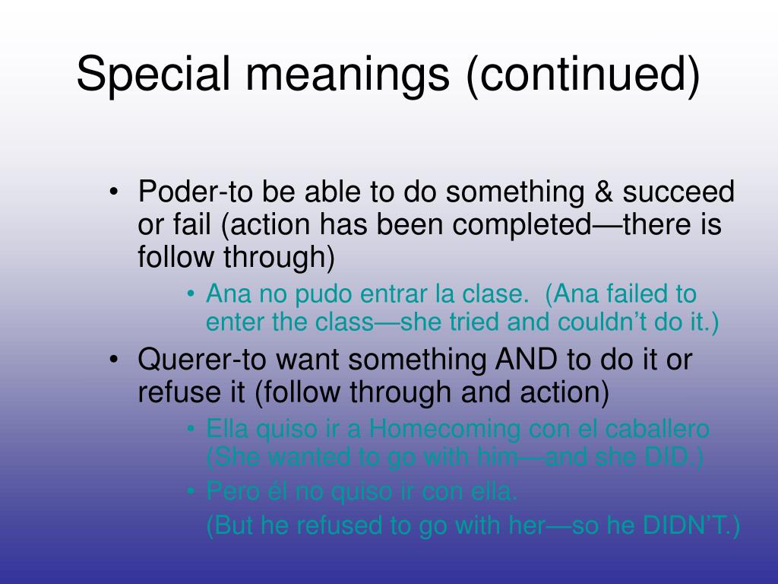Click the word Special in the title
pos(153,75)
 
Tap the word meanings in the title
pos(347,75)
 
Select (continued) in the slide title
pos(583,75)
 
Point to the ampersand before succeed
pos(603,192)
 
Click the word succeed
pos(678,192)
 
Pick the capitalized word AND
pos(526,360)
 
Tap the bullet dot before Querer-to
pos(114,359)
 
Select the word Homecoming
pos(444,429)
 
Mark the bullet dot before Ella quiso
pos(191,429)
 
